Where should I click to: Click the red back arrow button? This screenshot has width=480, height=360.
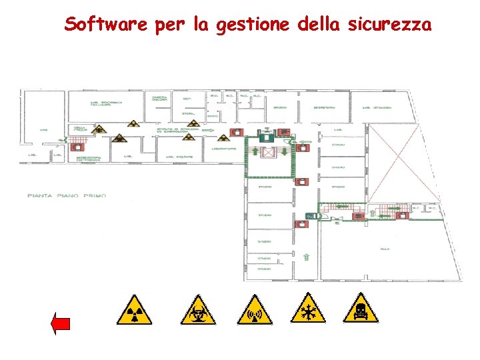(x=61, y=325)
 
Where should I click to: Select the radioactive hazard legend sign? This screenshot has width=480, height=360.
(x=134, y=309)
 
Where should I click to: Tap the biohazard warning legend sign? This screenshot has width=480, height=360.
(x=199, y=309)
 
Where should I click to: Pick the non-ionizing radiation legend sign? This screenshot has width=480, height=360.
(x=255, y=309)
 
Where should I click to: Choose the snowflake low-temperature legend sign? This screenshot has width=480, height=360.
(x=309, y=309)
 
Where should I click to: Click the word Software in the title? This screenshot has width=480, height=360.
(x=106, y=25)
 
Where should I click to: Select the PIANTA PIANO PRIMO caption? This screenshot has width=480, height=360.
(x=67, y=195)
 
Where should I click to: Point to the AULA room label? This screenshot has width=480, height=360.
(x=385, y=248)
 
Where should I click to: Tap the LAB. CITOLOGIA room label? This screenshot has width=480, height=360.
(x=377, y=107)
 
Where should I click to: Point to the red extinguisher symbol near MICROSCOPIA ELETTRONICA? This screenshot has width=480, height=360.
(x=74, y=147)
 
